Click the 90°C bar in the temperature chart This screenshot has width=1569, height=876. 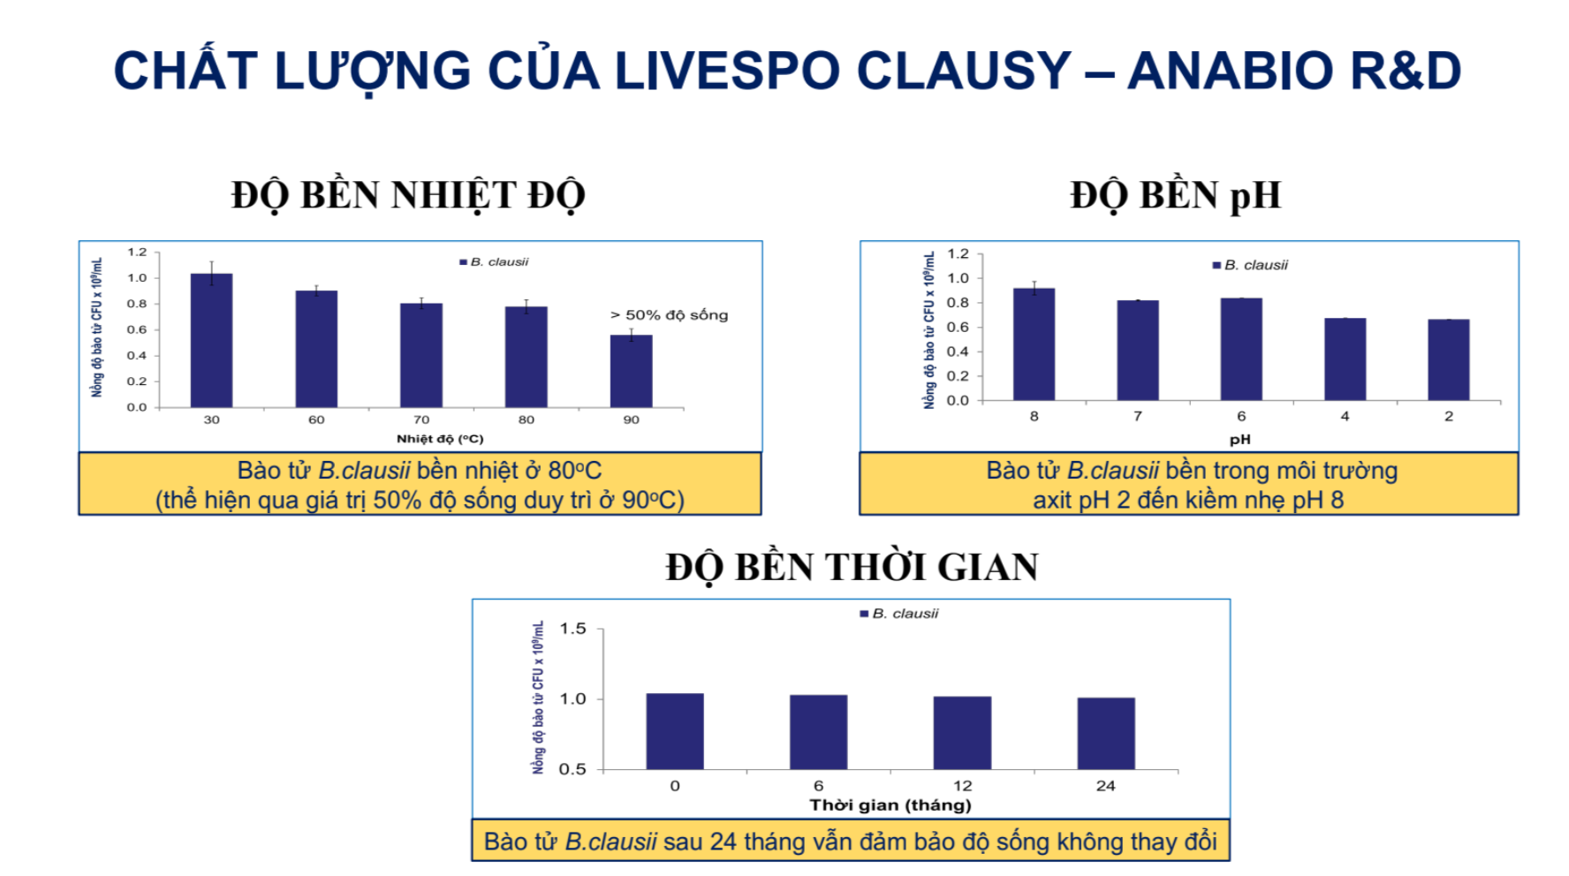pos(631,371)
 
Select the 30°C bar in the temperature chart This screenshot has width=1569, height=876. pos(211,340)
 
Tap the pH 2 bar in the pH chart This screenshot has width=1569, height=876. pos(1448,359)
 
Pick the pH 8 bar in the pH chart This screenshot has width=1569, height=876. pos(1034,344)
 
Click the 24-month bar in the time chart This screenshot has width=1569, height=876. pos(1105,733)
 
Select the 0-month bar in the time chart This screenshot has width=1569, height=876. pos(674,731)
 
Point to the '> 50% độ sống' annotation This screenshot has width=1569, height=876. pos(669,315)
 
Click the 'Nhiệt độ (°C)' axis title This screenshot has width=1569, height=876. pos(439,439)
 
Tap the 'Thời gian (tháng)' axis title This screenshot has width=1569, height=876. pos(890,804)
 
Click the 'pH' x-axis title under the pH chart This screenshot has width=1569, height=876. pos(1239,439)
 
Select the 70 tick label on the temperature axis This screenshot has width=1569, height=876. pos(421,419)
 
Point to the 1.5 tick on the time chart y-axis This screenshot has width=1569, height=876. pos(572,629)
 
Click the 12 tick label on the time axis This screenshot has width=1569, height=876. pos(962,785)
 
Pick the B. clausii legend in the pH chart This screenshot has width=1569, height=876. pos(1250,265)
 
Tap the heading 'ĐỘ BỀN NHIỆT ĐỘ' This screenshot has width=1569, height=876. pos(408,195)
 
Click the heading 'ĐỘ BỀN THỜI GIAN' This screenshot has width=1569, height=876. pos(852,567)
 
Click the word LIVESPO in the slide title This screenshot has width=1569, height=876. pos(726,71)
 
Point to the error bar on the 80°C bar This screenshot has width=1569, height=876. pos(526,306)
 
